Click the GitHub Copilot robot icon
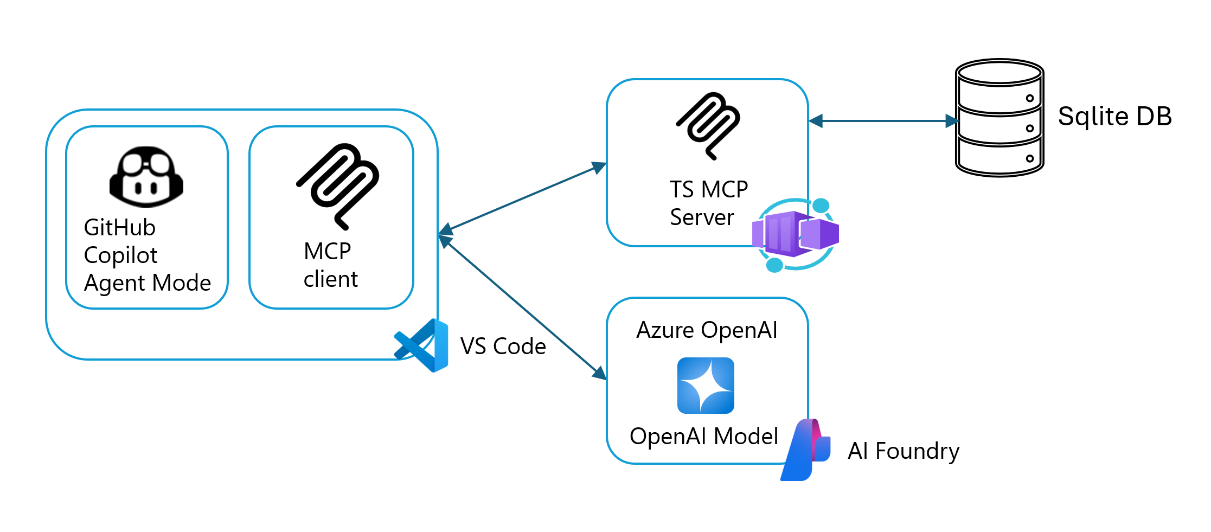point(146,177)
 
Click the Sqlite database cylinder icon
point(999,118)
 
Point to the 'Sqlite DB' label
point(1114,116)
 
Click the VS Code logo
point(422,345)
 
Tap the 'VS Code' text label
point(503,346)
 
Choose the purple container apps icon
point(796,234)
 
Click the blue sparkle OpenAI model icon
point(706,386)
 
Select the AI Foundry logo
point(805,450)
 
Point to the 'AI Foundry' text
point(904,451)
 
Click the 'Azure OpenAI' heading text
point(707,330)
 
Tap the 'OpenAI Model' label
point(704,436)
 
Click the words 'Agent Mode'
point(148,283)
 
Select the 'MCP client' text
point(330,265)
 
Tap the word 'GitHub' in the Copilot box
point(120,227)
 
